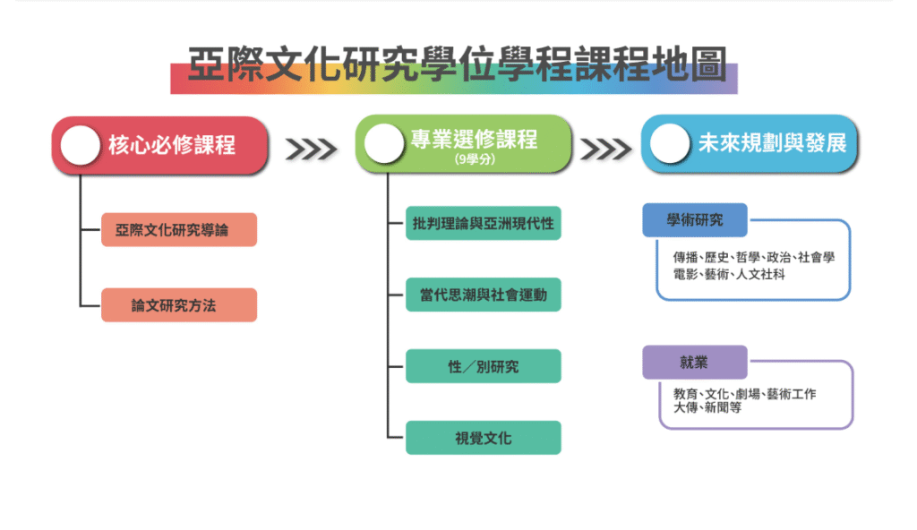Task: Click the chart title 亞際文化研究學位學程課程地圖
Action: coord(457,64)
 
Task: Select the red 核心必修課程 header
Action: coord(160,145)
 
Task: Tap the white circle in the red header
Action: coord(80,145)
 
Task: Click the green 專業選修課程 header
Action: coord(463,144)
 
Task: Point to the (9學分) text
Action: coord(475,159)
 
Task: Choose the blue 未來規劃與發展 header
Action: coord(750,144)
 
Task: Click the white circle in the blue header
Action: coord(670,144)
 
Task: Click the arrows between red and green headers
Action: coord(311,150)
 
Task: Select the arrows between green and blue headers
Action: coord(606,150)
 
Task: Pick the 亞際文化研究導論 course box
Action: coord(179,230)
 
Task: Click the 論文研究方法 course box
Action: coord(179,304)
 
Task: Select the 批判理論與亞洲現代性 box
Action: coord(483,224)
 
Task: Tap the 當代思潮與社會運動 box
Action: coord(483,295)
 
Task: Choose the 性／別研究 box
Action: coord(483,366)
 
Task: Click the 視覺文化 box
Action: coord(483,438)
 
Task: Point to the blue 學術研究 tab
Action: coord(695,220)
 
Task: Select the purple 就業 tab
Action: coord(695,362)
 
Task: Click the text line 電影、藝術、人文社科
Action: coord(729,274)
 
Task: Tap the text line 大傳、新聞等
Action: coord(707,407)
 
